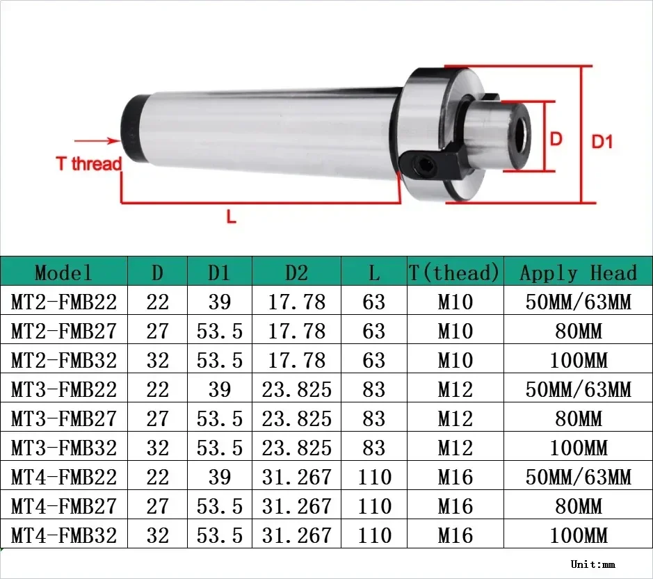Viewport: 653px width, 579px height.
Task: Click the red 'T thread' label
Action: coord(88,164)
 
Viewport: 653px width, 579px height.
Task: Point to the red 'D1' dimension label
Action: coord(602,141)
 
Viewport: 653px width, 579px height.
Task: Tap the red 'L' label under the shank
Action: coord(232,217)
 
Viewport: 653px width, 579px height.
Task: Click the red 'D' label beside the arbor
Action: coord(556,138)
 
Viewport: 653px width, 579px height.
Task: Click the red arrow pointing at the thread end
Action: coord(104,141)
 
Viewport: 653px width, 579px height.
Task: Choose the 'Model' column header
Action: coord(63,272)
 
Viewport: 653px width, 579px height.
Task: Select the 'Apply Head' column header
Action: coord(578,272)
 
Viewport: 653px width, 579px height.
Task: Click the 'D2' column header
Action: coord(296,272)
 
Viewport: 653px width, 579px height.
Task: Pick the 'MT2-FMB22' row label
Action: coord(64,302)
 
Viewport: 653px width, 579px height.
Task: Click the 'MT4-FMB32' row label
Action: coord(64,535)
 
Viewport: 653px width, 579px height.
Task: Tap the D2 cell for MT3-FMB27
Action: coord(296,418)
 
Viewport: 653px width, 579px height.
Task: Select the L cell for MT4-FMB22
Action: coord(373,477)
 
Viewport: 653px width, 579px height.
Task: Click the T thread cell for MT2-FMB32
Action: coord(455,360)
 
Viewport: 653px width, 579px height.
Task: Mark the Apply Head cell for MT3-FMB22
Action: coord(578,389)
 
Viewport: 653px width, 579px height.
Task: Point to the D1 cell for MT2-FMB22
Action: coord(219,302)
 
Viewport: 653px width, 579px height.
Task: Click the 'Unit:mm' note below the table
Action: coord(592,564)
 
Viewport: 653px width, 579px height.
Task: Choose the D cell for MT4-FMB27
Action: coord(157,506)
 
